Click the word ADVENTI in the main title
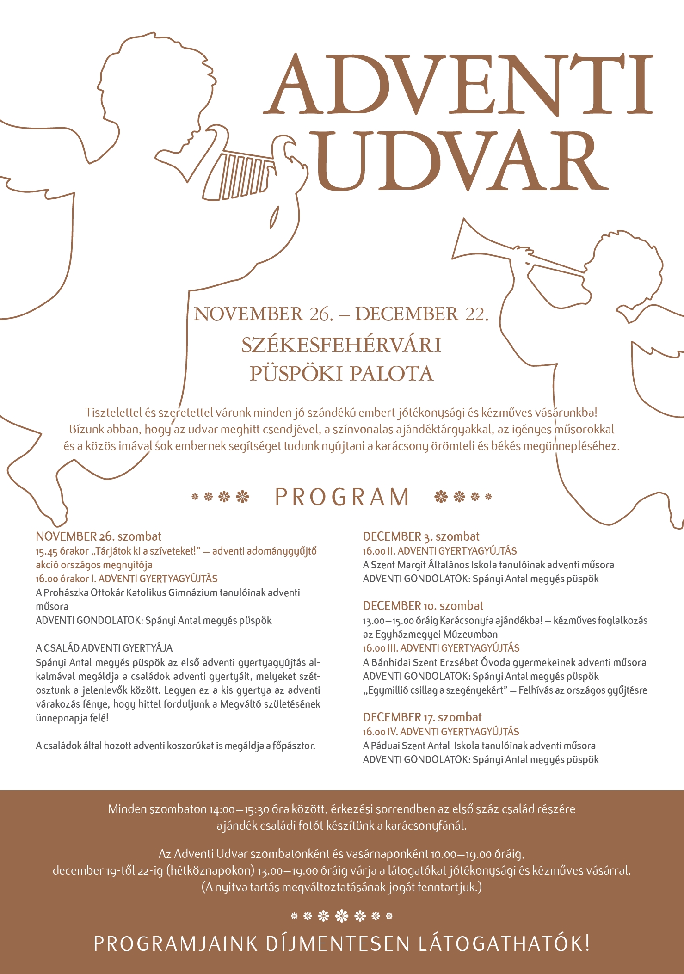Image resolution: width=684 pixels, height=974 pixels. (x=458, y=84)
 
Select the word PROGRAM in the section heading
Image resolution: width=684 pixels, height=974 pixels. (x=342, y=497)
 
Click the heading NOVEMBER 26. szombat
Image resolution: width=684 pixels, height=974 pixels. (x=99, y=536)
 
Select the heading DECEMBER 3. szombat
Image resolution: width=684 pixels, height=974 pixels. (x=421, y=536)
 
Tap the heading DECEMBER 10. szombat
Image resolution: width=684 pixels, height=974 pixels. (x=423, y=606)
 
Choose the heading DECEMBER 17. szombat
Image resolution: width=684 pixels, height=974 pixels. (x=422, y=717)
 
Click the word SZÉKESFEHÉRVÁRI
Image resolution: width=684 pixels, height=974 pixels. (x=341, y=345)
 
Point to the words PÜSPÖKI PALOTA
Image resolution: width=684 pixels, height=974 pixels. (x=341, y=374)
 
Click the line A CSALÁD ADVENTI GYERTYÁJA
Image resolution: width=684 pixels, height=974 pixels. (x=104, y=648)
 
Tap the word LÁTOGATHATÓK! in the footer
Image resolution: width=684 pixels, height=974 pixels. (x=504, y=944)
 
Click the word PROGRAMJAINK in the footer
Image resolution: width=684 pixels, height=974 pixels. (x=176, y=944)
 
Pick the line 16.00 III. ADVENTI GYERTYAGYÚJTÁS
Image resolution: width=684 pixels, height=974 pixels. (x=441, y=648)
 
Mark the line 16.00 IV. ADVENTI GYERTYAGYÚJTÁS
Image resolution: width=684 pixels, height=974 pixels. (x=441, y=732)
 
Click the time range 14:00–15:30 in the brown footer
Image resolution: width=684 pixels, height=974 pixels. (x=239, y=809)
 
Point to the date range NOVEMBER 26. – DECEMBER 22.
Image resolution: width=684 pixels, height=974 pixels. (x=341, y=314)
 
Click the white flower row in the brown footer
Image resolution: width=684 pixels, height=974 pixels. (x=341, y=915)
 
